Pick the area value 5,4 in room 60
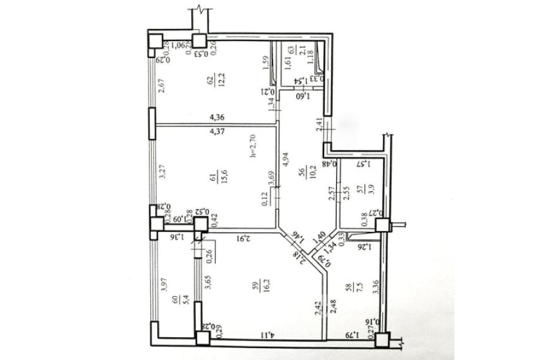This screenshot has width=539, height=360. point(176,296)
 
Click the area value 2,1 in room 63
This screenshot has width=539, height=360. point(303,51)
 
